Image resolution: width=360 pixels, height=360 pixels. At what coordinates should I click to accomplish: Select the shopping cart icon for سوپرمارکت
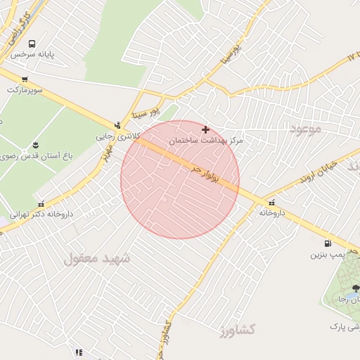[x=25, y=79]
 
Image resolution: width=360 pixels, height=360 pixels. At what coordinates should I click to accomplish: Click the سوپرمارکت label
[x=25, y=91]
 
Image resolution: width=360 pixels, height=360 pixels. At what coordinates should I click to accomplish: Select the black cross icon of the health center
[x=205, y=129]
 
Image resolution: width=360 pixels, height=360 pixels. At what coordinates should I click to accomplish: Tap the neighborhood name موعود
[x=304, y=129]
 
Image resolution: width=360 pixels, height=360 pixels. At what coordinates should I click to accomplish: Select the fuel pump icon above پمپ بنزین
[x=310, y=243]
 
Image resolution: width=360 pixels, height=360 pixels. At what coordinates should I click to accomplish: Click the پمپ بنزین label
[x=332, y=254]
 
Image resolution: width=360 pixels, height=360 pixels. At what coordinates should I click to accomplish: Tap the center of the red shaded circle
[x=180, y=179]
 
